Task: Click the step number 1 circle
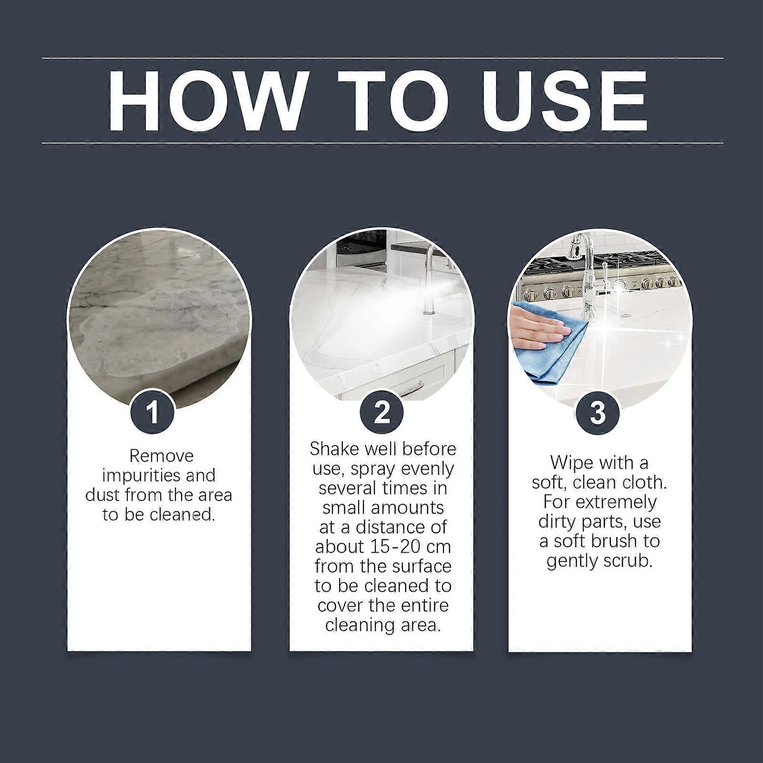click(153, 412)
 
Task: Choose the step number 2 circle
click(382, 412)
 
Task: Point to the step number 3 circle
click(598, 412)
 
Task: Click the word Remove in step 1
click(161, 456)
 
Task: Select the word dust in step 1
click(103, 495)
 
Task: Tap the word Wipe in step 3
click(571, 463)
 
